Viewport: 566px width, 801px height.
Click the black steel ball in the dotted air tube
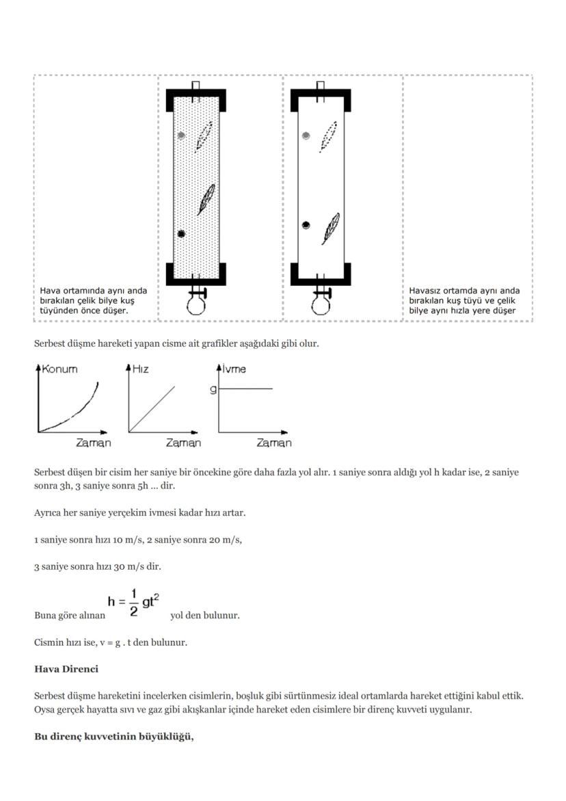pos(181,234)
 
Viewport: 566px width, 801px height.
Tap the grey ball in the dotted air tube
pos(181,135)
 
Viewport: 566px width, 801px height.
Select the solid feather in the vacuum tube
pos(332,228)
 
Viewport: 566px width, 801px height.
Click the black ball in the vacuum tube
pos(306,225)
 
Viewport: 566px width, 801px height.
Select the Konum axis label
pos(59,369)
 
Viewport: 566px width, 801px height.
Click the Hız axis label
pos(140,369)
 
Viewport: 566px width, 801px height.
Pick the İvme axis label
pos(234,369)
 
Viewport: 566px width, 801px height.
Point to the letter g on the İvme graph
pos(213,389)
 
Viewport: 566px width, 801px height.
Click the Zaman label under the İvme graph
pos(273,443)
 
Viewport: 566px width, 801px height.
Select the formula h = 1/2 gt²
pos(137,602)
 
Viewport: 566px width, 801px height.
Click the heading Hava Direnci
pos(66,668)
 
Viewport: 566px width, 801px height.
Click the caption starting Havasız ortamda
pos(464,300)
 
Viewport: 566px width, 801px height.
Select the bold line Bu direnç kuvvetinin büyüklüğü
pos(114,737)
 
